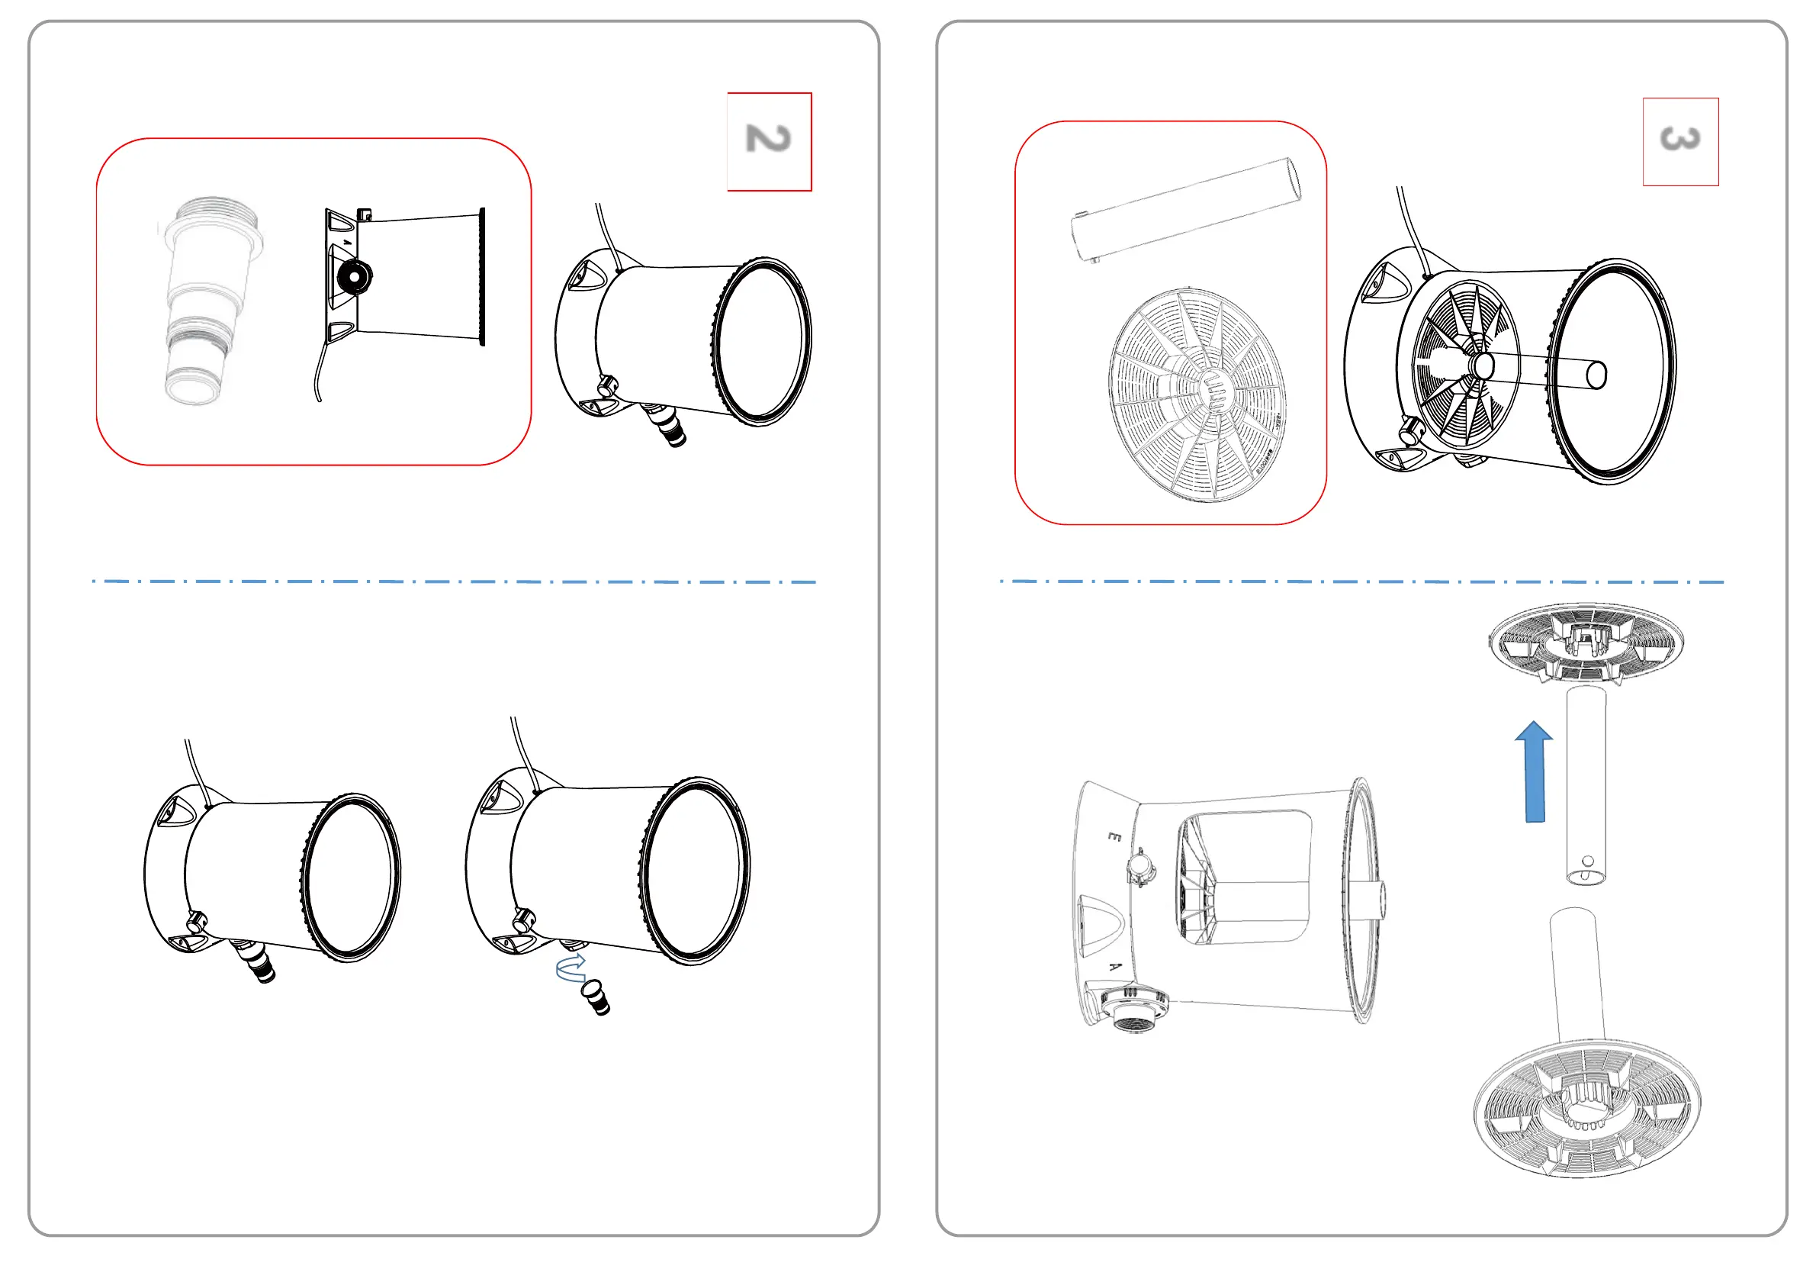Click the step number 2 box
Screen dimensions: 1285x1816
tap(769, 141)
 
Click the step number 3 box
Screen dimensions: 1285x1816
tap(1680, 141)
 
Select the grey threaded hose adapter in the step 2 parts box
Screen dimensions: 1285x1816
tap(209, 301)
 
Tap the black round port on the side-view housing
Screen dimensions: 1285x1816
tap(353, 275)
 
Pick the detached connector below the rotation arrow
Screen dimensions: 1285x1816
tap(597, 999)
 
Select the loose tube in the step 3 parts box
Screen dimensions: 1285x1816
tap(1187, 209)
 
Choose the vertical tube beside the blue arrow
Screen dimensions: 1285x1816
tap(1586, 784)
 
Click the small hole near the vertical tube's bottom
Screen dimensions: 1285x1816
tap(1587, 861)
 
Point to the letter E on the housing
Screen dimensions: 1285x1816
tap(1114, 836)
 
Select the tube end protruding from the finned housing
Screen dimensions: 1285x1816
tap(1596, 375)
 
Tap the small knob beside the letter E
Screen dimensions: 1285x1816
tap(1140, 866)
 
